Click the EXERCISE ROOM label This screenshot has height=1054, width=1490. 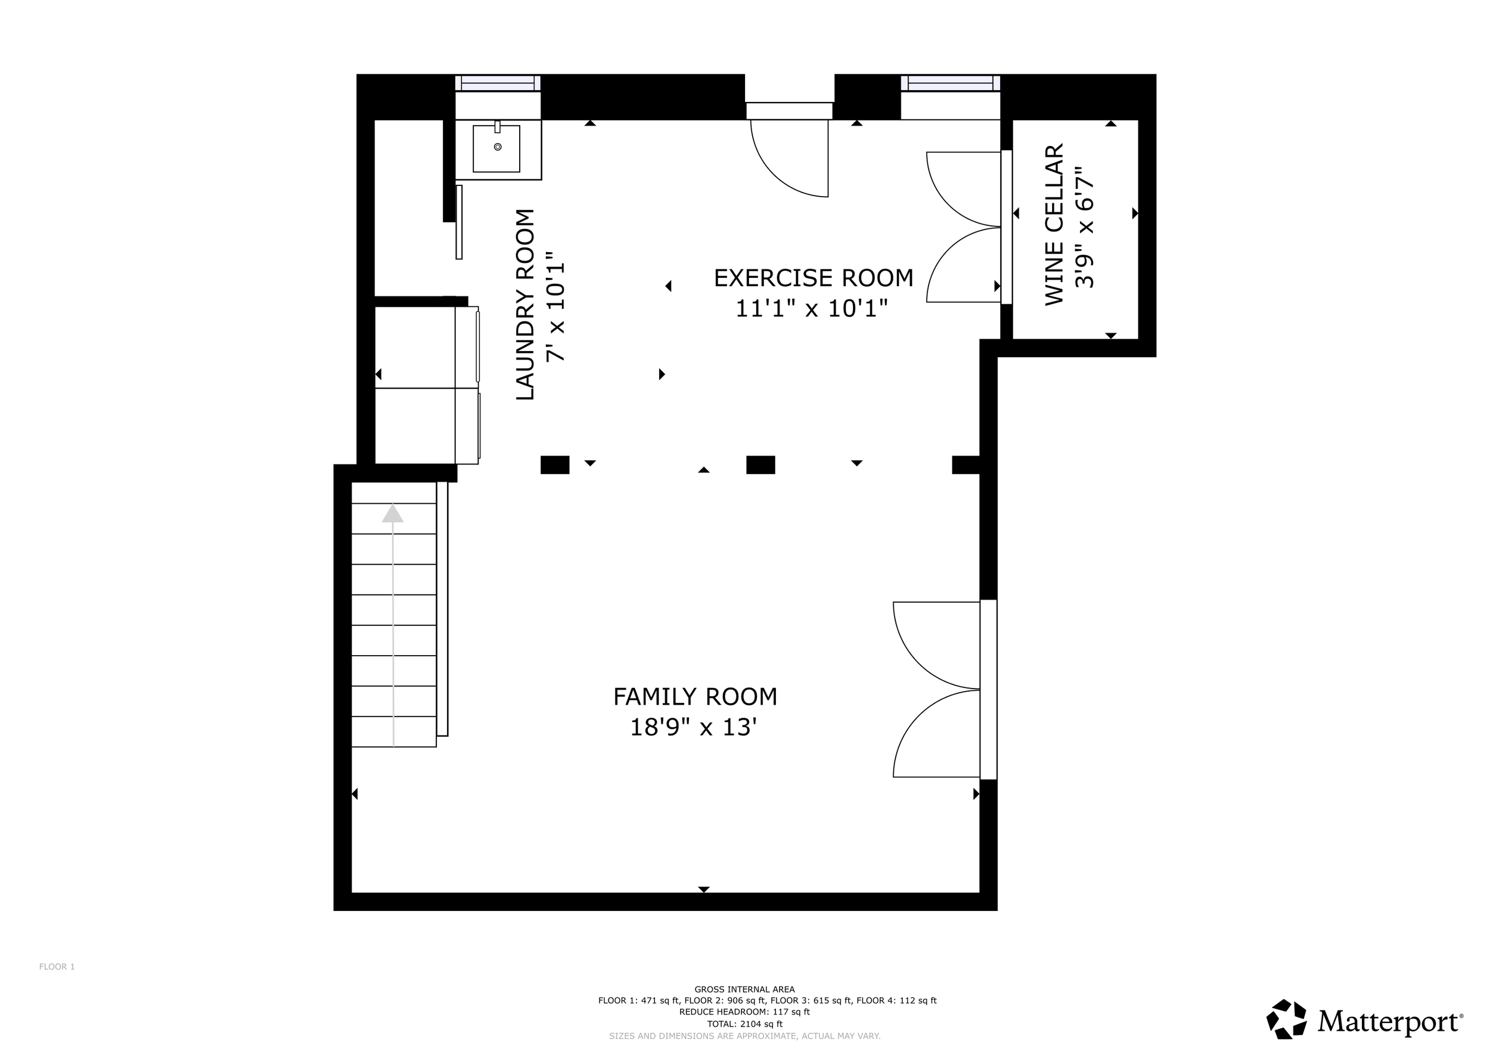[813, 278]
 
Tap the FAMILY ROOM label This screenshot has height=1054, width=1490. [695, 697]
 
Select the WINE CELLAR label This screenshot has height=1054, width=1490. [1054, 225]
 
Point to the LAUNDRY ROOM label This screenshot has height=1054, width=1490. [525, 305]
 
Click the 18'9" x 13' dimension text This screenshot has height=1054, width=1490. [694, 727]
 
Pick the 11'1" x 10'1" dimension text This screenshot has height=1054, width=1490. [811, 308]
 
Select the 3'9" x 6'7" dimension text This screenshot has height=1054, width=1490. [1084, 227]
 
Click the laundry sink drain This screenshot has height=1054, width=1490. [498, 147]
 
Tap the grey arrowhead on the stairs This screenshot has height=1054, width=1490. [393, 513]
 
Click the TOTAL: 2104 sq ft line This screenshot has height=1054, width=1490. [744, 1024]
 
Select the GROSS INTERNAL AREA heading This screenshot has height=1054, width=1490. [744, 990]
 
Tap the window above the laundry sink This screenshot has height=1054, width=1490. [498, 83]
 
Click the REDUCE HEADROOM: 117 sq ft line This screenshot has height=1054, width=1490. [744, 1012]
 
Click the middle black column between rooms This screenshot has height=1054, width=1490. [760, 464]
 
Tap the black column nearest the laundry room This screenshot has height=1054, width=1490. [555, 464]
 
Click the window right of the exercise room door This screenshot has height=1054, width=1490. [951, 83]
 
